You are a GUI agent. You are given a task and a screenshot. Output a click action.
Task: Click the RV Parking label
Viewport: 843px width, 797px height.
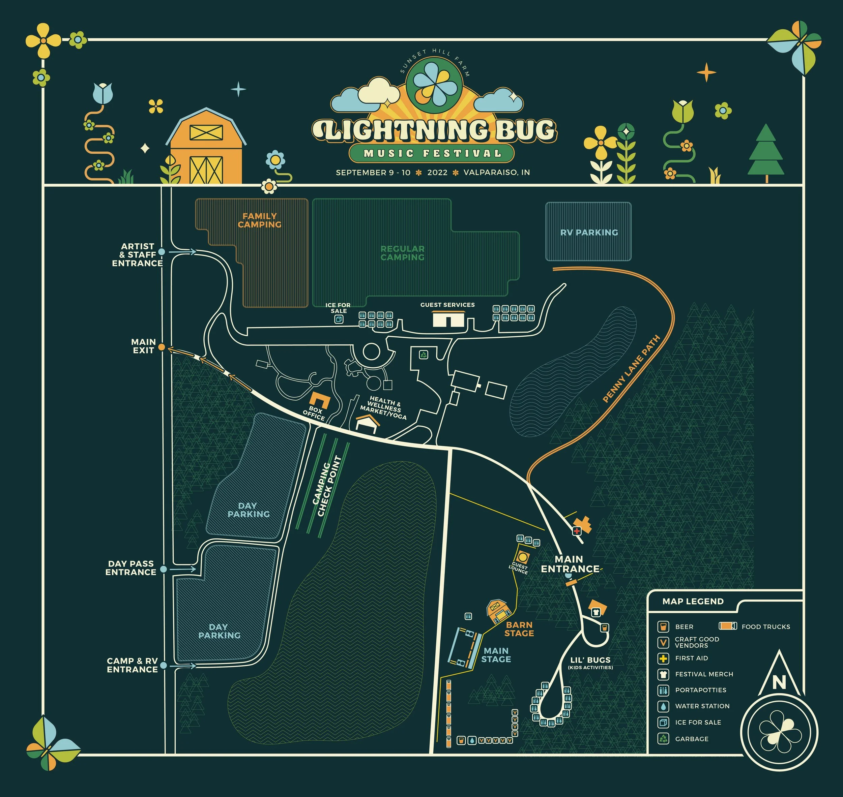[589, 233]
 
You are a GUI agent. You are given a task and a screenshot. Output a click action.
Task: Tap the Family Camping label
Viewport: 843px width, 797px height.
[259, 220]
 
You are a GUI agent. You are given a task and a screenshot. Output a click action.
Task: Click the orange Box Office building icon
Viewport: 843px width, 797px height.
[319, 400]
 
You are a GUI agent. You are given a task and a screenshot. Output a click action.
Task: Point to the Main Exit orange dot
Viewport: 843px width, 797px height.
[162, 347]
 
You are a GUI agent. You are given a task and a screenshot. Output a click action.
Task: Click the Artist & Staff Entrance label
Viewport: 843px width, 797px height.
[137, 254]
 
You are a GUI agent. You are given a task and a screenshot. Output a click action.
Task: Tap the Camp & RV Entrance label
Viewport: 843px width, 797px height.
[132, 665]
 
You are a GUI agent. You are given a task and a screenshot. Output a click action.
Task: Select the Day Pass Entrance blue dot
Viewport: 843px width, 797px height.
[164, 569]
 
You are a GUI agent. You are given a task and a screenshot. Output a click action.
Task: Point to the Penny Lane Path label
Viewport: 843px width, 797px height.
[631, 369]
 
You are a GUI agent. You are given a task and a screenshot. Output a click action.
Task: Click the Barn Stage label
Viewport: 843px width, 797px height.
[519, 629]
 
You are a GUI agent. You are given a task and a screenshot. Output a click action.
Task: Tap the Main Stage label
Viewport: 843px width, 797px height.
[496, 655]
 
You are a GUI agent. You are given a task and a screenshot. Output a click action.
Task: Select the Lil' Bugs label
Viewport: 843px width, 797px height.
[590, 660]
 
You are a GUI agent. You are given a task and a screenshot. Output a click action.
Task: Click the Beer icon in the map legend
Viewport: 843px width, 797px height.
[663, 626]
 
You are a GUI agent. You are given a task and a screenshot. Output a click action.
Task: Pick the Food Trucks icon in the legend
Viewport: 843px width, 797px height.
[727, 626]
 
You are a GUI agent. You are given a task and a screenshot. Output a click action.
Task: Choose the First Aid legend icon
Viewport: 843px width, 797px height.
[663, 658]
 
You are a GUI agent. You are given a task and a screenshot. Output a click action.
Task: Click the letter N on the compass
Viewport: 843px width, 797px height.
[779, 682]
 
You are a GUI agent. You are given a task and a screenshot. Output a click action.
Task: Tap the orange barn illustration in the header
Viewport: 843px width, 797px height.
[206, 147]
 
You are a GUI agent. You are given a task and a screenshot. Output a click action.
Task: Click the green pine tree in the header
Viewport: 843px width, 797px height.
[766, 153]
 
